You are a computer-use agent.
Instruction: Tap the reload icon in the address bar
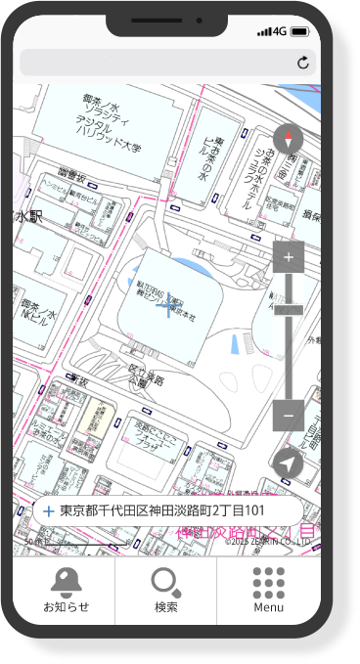(x=303, y=64)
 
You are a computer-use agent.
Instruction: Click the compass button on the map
(x=289, y=139)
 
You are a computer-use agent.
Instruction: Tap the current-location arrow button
(x=288, y=464)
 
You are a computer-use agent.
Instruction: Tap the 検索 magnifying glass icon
(x=165, y=583)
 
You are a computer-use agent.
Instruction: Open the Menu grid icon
(x=268, y=583)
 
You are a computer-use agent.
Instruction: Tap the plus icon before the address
(x=48, y=510)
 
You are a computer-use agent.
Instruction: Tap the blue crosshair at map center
(x=168, y=308)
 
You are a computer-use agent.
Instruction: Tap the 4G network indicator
(x=281, y=31)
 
